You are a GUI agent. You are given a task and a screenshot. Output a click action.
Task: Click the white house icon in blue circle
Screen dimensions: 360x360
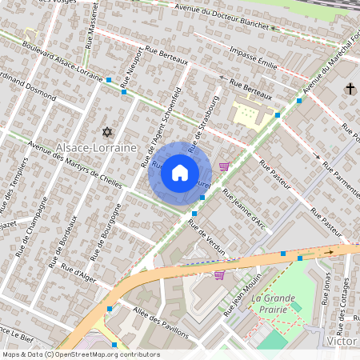click(x=180, y=172)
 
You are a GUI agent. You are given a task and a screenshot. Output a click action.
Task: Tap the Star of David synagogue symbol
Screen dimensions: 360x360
click(x=106, y=131)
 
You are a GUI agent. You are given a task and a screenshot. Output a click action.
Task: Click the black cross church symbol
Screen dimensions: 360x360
click(x=350, y=89)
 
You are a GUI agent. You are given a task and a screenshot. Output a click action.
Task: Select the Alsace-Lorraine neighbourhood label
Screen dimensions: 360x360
click(x=96, y=149)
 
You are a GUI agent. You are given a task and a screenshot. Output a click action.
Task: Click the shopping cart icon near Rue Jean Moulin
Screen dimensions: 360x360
click(x=218, y=275)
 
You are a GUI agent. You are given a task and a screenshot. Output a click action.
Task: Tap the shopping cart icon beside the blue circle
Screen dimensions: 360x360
click(x=224, y=166)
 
